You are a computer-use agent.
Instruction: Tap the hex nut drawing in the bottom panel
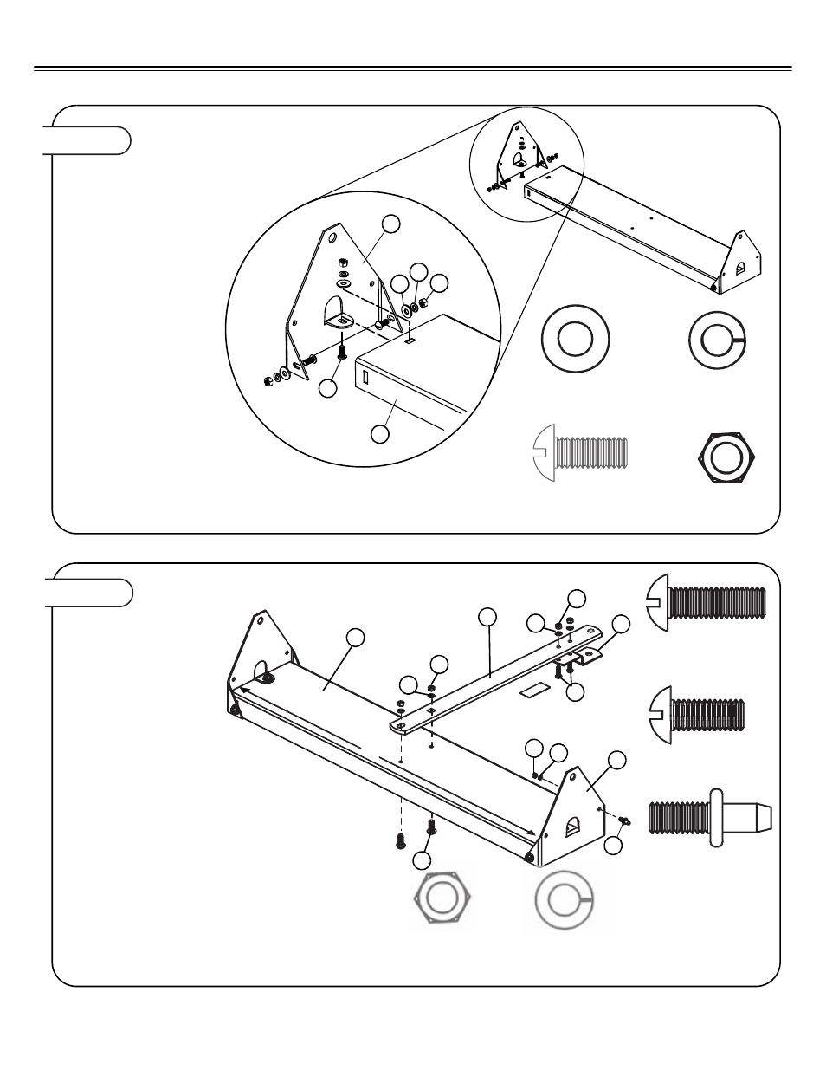tap(442, 900)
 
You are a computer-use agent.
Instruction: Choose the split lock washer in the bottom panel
tap(565, 900)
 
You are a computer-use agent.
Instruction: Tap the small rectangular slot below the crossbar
tap(534, 691)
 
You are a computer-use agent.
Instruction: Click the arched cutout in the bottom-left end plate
tap(261, 671)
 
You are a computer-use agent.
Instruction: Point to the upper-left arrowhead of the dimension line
tap(246, 690)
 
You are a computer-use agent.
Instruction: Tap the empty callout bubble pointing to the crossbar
tap(487, 616)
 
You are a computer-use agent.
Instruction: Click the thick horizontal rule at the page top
tap(412, 68)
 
